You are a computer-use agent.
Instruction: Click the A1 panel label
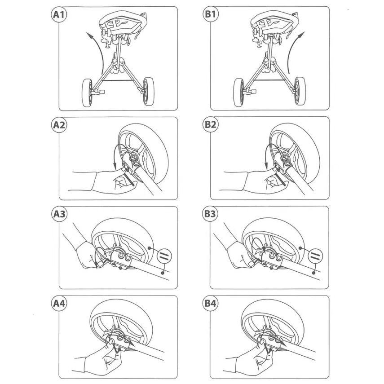pyautogui.click(x=59, y=14)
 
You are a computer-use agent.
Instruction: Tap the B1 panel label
pyautogui.click(x=210, y=14)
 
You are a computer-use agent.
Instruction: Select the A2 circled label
pyautogui.click(x=59, y=125)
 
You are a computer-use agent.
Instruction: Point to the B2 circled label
pyautogui.click(x=210, y=124)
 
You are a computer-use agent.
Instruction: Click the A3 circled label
pyautogui.click(x=59, y=214)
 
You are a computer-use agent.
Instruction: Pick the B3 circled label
pyautogui.click(x=210, y=214)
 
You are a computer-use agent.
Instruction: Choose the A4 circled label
pyautogui.click(x=59, y=304)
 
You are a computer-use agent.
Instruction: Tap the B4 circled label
pyautogui.click(x=210, y=304)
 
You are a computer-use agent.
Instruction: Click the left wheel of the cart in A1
pyautogui.click(x=88, y=93)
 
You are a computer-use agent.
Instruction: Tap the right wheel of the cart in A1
pyautogui.click(x=149, y=92)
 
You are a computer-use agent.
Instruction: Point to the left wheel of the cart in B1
pyautogui.click(x=239, y=93)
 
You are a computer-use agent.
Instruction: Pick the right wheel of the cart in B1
pyautogui.click(x=300, y=91)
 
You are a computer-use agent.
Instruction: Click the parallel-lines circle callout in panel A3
pyautogui.click(x=164, y=256)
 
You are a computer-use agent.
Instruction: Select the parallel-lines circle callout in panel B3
pyautogui.click(x=315, y=256)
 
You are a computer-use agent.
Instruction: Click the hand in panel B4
pyautogui.click(x=252, y=358)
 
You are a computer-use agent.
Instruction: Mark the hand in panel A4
pyautogui.click(x=101, y=358)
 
